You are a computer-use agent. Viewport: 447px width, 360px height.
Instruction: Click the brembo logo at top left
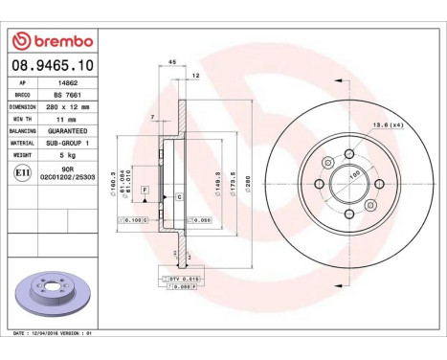click(52, 41)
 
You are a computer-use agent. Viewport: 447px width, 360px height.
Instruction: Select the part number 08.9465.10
click(52, 66)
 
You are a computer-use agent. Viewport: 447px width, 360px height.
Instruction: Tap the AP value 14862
click(62, 83)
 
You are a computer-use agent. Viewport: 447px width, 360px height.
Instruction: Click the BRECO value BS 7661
click(63, 96)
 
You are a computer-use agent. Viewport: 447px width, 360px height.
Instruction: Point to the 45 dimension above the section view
click(172, 61)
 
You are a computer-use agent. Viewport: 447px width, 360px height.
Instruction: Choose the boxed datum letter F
click(145, 191)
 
